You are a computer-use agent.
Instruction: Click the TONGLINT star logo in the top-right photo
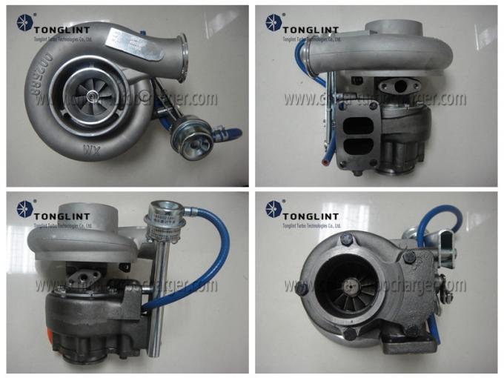click(x=273, y=22)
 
